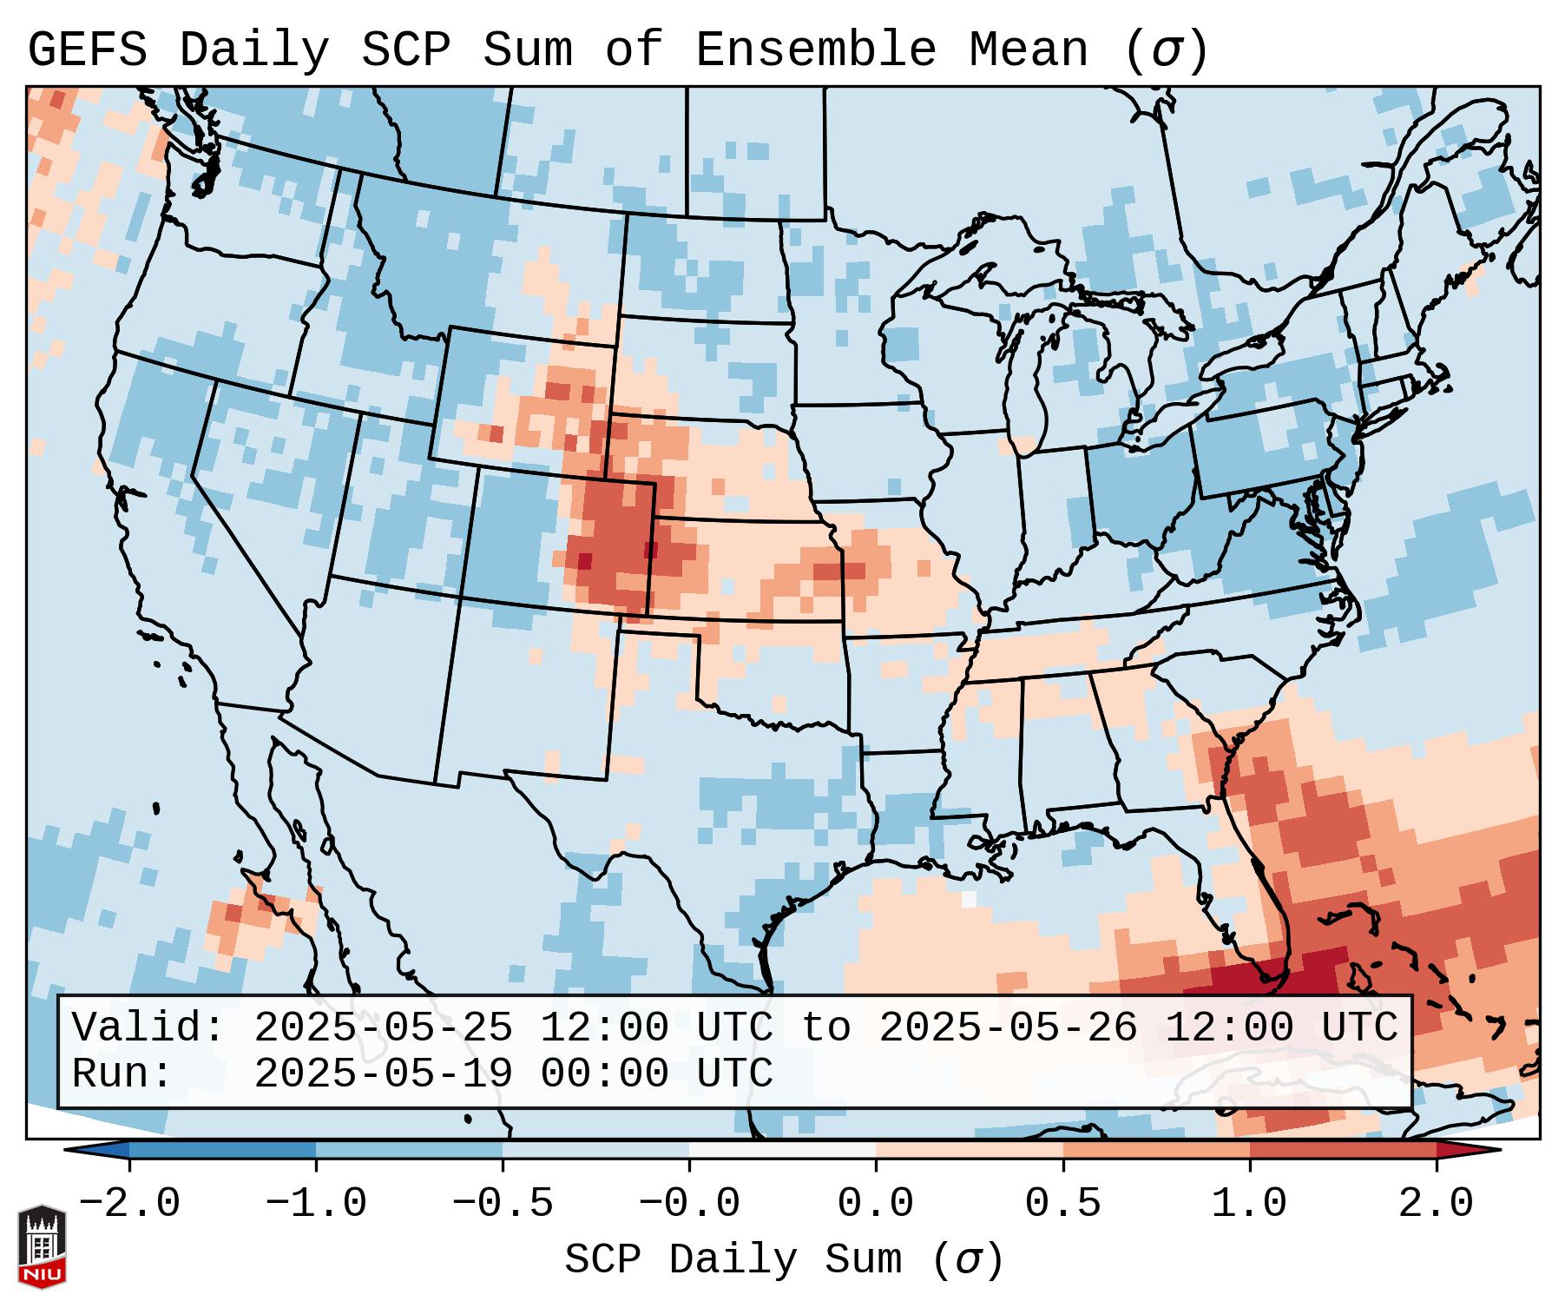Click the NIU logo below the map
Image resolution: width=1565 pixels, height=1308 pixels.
tap(42, 1246)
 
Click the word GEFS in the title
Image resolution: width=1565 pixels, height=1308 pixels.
tap(87, 50)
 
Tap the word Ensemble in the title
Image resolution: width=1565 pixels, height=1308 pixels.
tap(815, 50)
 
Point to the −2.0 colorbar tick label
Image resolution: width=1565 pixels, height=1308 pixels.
tap(129, 1204)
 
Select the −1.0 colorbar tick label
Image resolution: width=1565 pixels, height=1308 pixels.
tap(316, 1204)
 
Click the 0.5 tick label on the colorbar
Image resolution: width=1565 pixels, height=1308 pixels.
tap(1062, 1204)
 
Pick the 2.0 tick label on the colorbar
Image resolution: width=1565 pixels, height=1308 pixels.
tap(1436, 1204)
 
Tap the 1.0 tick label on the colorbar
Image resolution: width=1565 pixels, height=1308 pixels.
tap(1249, 1204)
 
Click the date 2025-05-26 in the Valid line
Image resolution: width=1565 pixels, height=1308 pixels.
tap(1008, 1027)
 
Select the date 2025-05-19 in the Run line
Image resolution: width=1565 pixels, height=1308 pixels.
tap(384, 1073)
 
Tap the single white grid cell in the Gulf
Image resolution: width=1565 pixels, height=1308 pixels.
tap(969, 899)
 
